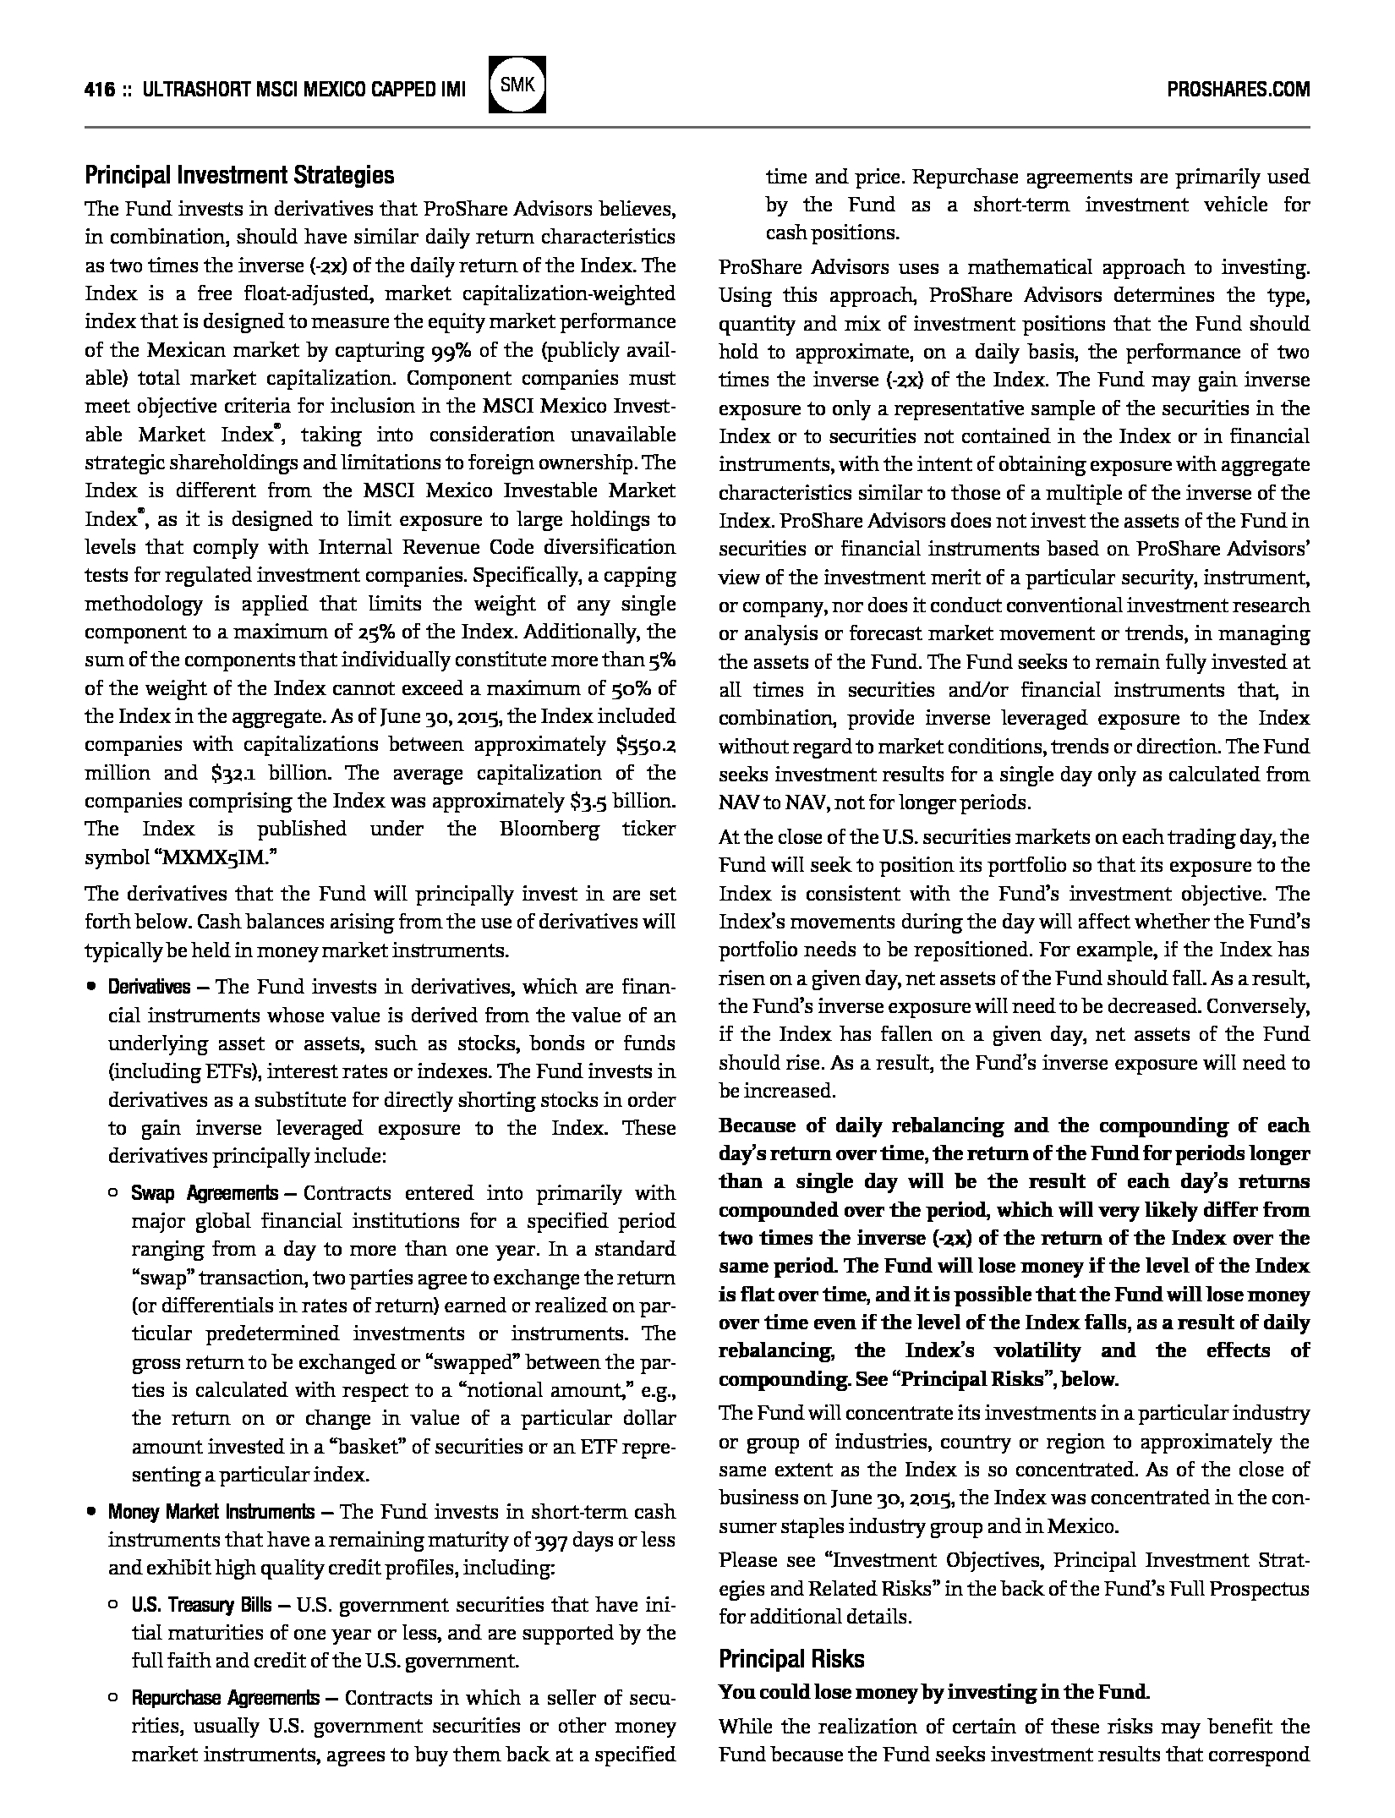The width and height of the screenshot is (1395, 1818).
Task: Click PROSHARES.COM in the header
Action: (x=1238, y=89)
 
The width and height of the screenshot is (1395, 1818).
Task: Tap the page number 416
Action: (x=100, y=90)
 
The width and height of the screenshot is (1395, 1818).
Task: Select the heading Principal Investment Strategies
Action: (x=239, y=176)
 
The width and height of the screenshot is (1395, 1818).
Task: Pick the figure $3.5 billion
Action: (x=617, y=801)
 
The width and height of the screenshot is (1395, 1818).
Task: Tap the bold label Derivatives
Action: (x=149, y=987)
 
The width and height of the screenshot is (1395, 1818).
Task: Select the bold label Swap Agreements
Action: (x=204, y=1193)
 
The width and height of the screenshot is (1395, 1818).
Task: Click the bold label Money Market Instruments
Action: (x=211, y=1511)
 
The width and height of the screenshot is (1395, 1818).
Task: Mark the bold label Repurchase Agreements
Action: (x=225, y=1697)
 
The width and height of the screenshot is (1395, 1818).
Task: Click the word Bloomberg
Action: (x=549, y=829)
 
